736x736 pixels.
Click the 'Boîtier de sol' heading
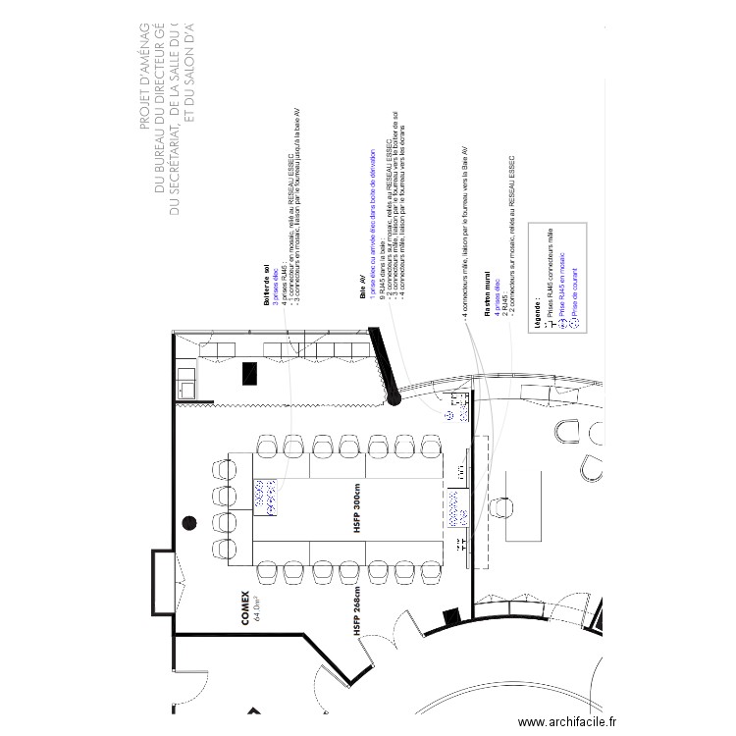click(x=266, y=286)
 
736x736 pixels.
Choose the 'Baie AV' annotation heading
click(x=362, y=287)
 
